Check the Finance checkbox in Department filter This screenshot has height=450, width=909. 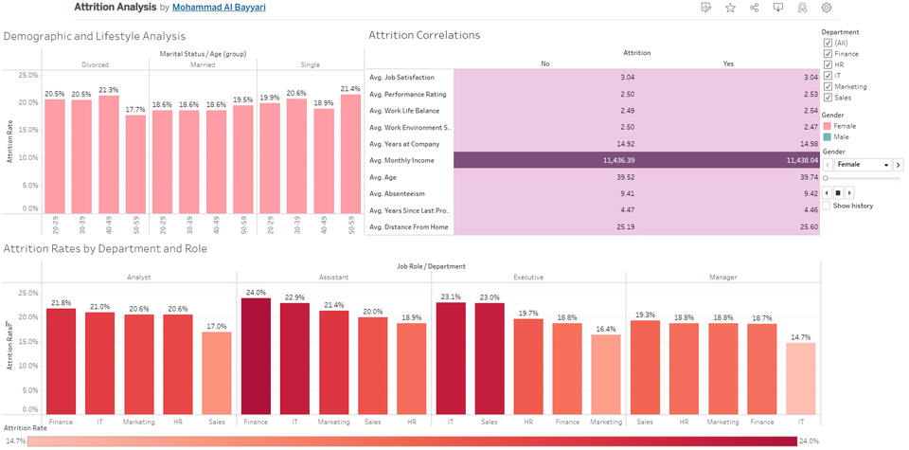pyautogui.click(x=828, y=54)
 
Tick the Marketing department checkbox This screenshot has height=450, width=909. pyautogui.click(x=828, y=86)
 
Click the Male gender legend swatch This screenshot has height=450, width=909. pyautogui.click(x=828, y=136)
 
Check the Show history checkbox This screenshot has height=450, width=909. pyautogui.click(x=828, y=206)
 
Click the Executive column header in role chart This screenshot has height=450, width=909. pyautogui.click(x=527, y=278)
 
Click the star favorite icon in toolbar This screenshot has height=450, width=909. pyautogui.click(x=730, y=8)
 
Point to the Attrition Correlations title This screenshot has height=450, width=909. pyautogui.click(x=423, y=36)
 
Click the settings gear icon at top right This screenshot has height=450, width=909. pyautogui.click(x=827, y=8)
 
